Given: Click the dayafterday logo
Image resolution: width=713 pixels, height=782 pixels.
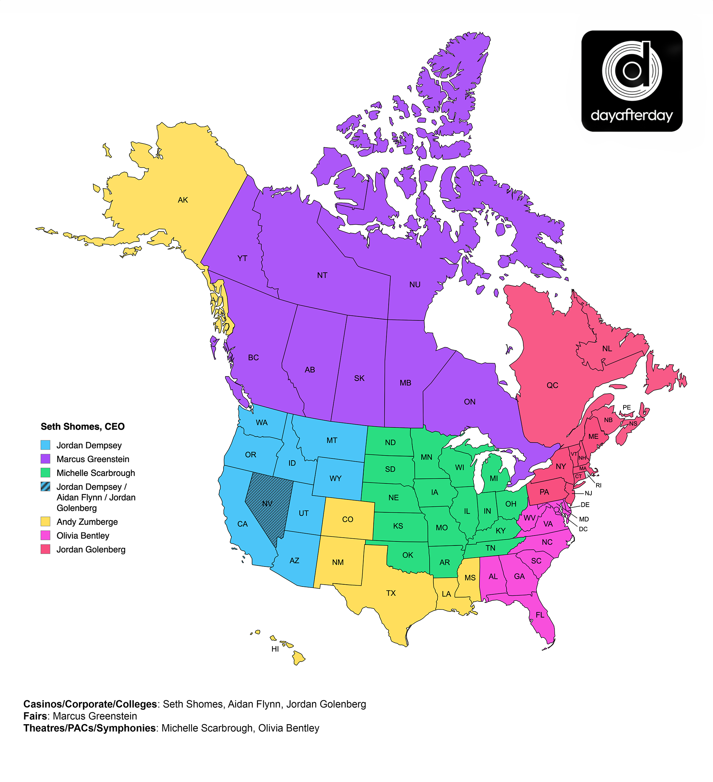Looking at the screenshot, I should pos(632,81).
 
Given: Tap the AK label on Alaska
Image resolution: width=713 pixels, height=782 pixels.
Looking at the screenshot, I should pos(183,200).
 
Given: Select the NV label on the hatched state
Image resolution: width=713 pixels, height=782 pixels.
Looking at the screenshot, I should pos(267,504).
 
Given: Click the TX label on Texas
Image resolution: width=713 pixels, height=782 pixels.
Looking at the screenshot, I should pos(391,593).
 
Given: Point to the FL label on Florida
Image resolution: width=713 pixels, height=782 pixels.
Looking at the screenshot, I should pos(540,615).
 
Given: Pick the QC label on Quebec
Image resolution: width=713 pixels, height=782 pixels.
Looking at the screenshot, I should pos(552,385).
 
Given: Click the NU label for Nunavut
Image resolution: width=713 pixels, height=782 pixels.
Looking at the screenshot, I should pos(415,285).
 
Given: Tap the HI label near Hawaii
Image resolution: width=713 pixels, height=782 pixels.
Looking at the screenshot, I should pos(275,649).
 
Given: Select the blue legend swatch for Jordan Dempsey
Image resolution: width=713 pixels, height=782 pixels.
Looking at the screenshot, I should pos(45,445).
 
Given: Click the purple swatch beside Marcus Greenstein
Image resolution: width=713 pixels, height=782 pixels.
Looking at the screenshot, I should pos(45,459).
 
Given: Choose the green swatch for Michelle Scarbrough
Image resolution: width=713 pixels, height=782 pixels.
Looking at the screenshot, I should pos(45,473).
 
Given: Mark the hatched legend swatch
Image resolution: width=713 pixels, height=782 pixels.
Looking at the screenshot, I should pos(45,486).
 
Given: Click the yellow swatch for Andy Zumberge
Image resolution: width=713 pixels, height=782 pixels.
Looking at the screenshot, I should pos(45,521).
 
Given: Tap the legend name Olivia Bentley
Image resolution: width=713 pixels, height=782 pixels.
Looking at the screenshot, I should pos(83,536).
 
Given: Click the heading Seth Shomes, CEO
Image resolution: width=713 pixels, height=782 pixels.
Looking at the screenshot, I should pos(83,427).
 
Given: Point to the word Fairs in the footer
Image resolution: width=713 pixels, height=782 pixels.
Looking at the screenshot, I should pos(36,716).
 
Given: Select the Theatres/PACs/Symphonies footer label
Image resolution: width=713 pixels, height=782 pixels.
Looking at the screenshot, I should pos(89,728).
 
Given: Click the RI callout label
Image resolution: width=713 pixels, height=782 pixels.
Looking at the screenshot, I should pos(598,485).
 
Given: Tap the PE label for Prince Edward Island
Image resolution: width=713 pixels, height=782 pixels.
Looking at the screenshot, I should pos(626,407).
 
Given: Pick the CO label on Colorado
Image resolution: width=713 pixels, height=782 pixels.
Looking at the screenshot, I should pos(347,519).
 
